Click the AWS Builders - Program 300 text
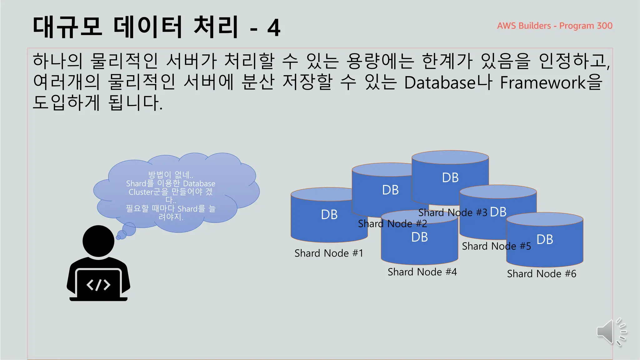click(554, 26)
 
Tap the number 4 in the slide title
click(274, 28)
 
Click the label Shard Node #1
click(329, 253)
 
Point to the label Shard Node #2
click(392, 224)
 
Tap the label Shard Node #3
click(452, 213)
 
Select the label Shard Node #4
click(422, 272)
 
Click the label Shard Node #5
click(496, 246)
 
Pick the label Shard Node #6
click(541, 274)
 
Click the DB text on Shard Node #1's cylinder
click(329, 215)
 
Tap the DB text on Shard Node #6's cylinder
click(545, 240)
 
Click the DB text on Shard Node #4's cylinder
click(419, 237)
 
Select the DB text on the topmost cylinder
click(450, 178)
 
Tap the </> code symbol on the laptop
click(98, 285)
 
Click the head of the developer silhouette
click(98, 241)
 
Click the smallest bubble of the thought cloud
click(118, 238)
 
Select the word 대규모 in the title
click(67, 27)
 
